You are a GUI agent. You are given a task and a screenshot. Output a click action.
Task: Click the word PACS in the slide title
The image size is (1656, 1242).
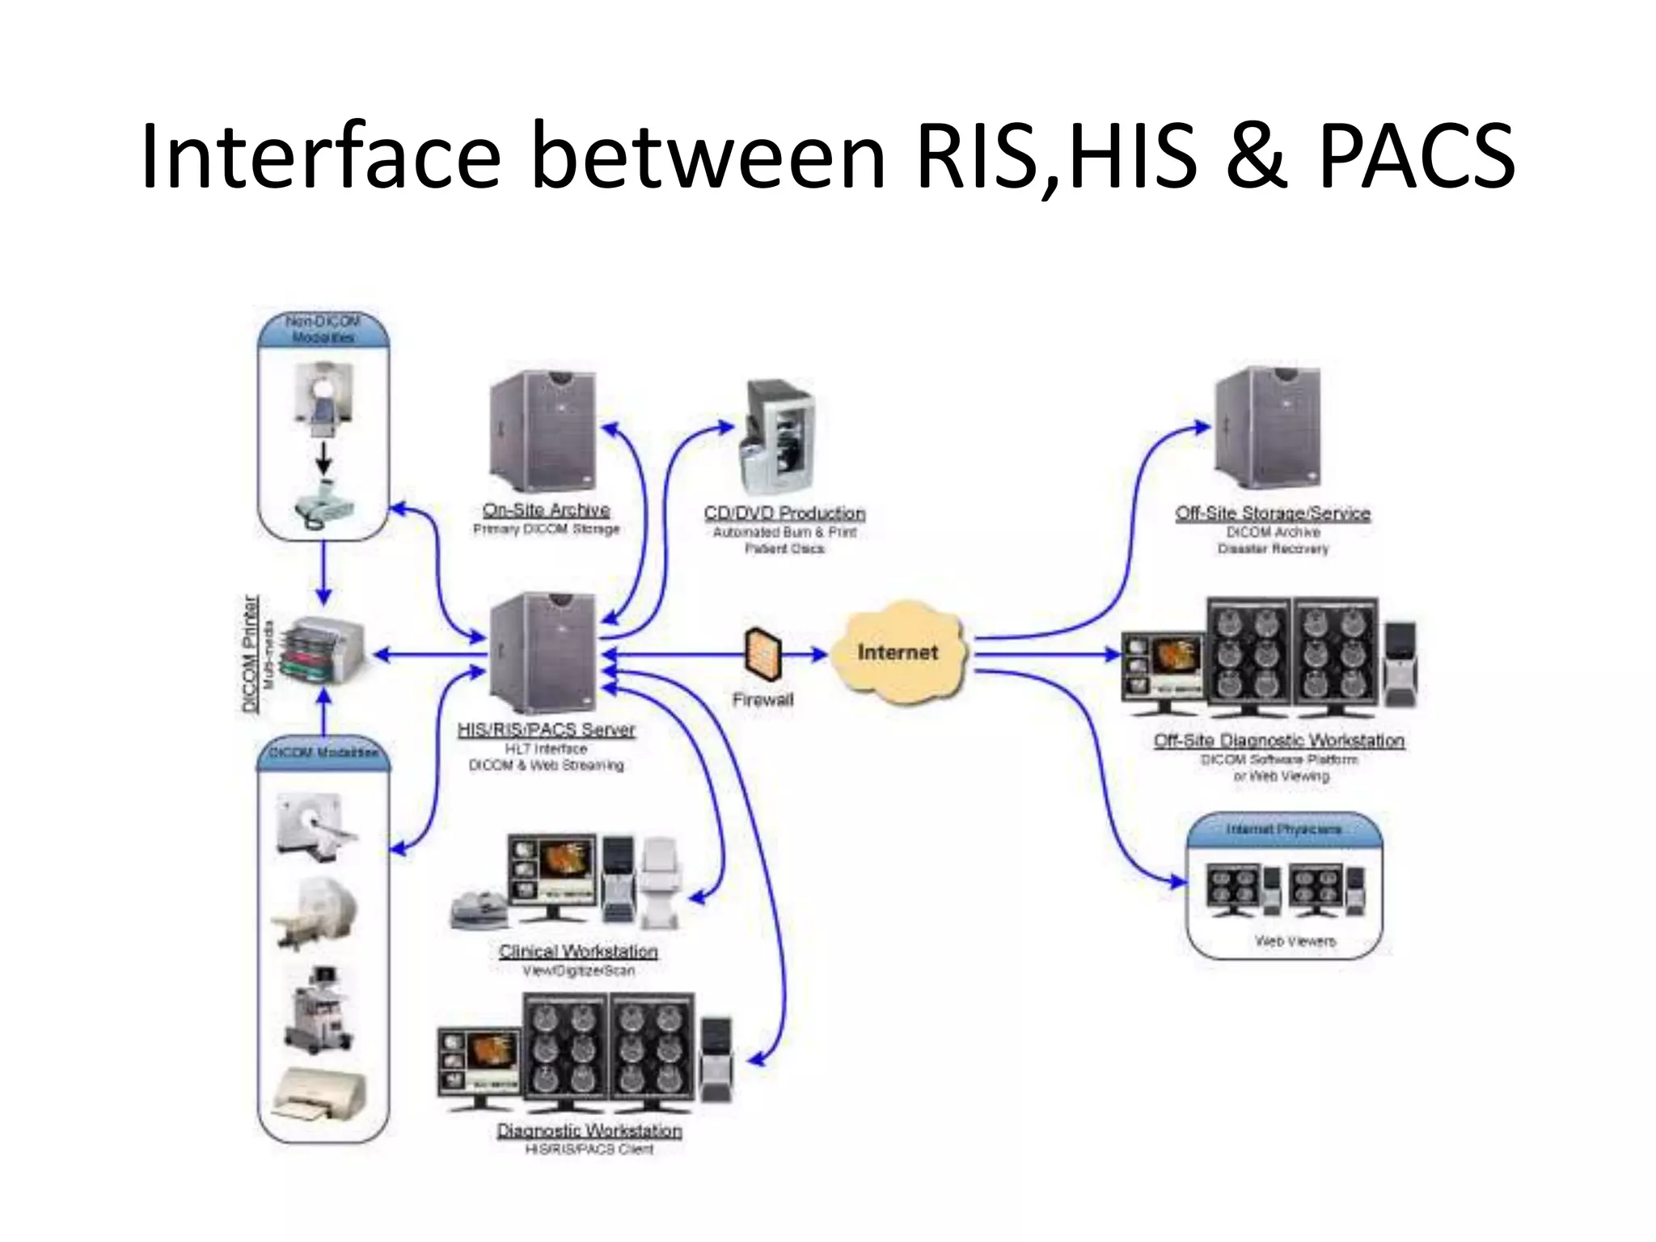(x=1417, y=155)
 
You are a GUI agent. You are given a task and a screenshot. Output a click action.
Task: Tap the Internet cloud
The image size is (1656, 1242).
(x=898, y=652)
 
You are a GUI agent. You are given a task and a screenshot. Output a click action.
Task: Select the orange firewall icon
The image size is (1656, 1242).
(x=763, y=653)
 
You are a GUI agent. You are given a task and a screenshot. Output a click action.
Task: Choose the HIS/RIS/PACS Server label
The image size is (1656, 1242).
(x=547, y=729)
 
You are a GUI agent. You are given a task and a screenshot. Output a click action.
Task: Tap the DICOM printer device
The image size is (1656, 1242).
(x=323, y=652)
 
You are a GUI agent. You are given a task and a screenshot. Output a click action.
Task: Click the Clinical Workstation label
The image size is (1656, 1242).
(x=578, y=951)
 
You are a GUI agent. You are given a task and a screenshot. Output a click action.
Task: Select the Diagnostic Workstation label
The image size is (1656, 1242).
(x=589, y=1130)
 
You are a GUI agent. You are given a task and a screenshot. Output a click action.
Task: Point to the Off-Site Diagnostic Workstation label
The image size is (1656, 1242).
(x=1279, y=741)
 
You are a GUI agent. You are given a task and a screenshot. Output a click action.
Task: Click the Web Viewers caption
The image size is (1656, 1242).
(x=1295, y=941)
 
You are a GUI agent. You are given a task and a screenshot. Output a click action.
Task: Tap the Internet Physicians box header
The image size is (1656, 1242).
(x=1284, y=830)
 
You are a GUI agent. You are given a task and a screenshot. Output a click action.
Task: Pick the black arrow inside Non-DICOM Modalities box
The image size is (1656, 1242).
(x=323, y=459)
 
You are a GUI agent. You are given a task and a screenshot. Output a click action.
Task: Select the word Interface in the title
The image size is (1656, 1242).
(x=320, y=155)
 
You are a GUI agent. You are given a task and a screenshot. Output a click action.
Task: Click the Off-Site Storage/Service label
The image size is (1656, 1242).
(x=1273, y=513)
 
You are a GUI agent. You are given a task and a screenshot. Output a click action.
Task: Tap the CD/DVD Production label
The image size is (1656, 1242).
(x=784, y=513)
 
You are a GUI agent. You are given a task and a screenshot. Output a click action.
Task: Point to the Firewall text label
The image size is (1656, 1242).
(x=763, y=699)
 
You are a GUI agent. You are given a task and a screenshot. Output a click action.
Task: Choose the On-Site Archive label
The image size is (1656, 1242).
(x=547, y=509)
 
